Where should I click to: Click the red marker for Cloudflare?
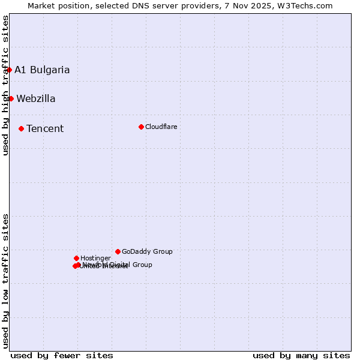coord(141,127)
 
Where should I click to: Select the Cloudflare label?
coord(161,127)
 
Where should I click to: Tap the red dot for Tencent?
coord(21,128)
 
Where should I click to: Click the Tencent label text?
coord(45,128)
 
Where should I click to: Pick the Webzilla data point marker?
coord(11,98)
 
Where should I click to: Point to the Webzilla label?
coord(36,99)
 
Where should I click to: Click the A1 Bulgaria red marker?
coord(9,70)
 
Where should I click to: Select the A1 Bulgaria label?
coord(42,70)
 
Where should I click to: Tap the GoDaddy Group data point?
coord(118,251)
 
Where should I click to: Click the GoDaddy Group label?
coord(147,252)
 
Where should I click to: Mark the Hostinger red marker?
coord(76,258)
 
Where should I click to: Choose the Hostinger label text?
coord(95,259)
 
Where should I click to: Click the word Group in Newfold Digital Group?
coord(142,265)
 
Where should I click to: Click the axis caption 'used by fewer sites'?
coord(62,355)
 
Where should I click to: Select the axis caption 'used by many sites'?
coord(301,355)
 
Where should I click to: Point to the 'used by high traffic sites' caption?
coord(5,85)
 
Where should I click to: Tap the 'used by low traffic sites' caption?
coord(5,280)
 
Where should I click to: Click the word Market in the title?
coord(42,5)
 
